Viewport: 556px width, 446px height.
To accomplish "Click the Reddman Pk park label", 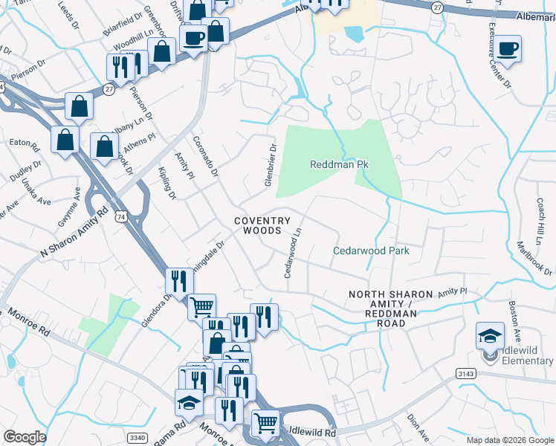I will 340,164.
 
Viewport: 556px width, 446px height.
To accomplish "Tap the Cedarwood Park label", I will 371,251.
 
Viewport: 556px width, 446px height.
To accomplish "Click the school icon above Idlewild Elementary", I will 491,336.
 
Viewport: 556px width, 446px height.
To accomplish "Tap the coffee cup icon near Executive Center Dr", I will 508,50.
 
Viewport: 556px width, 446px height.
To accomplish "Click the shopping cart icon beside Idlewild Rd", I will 265,422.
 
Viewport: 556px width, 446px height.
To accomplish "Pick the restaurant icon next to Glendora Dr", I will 178,280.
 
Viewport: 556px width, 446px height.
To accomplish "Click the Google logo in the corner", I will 25,437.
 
